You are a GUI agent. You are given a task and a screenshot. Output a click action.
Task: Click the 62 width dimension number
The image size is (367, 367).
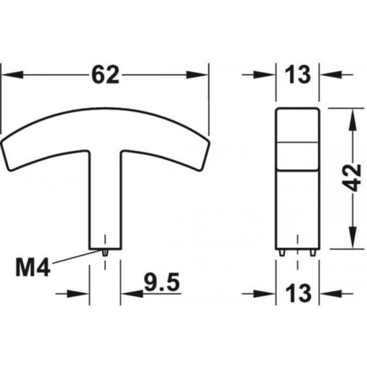point(105,74)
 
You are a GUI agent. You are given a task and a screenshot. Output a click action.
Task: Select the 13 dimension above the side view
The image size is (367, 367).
point(299,74)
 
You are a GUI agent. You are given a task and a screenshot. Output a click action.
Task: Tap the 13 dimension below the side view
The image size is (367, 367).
point(299,293)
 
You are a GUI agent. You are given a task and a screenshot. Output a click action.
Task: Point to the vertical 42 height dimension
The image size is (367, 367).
point(351,175)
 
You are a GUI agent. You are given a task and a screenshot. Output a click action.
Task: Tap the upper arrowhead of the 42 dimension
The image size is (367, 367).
point(351,117)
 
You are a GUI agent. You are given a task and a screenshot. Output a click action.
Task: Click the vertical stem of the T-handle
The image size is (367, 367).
point(105,201)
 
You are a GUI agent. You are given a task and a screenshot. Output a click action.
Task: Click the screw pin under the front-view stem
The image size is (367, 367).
point(105,252)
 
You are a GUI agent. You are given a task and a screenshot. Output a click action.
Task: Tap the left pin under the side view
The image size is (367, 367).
point(283,252)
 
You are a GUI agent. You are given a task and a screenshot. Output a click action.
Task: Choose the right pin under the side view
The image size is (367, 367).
point(313,252)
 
